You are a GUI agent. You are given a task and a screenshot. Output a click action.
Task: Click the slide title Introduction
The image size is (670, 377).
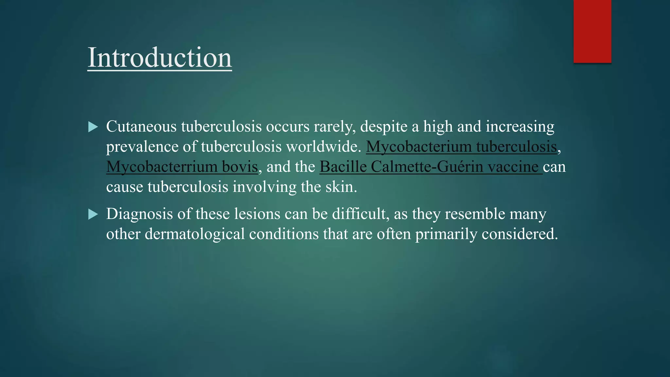point(160,58)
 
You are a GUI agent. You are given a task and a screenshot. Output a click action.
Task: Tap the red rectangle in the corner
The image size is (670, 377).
point(592,31)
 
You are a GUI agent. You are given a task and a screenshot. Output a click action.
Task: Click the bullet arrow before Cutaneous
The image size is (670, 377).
point(93,127)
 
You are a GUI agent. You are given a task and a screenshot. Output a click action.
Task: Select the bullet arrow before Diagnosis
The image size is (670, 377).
point(93,214)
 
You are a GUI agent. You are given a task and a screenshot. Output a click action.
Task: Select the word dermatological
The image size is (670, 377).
point(195,234)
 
